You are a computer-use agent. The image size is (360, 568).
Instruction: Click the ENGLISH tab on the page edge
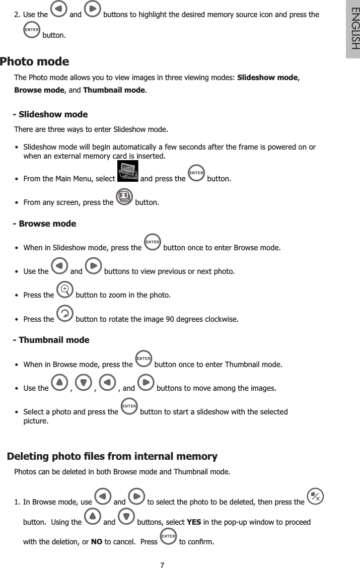(x=352, y=29)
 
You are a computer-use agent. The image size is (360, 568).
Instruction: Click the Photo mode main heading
(x=35, y=62)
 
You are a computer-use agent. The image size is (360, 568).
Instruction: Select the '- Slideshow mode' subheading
(x=50, y=114)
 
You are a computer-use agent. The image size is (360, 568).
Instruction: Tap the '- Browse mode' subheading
(x=44, y=224)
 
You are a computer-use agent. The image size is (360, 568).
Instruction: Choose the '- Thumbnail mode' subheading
(x=51, y=340)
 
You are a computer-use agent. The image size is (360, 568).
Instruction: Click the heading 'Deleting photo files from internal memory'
(x=112, y=457)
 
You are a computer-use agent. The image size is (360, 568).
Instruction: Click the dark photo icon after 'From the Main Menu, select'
(x=127, y=171)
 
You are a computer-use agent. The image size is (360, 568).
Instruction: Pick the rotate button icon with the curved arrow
(x=64, y=313)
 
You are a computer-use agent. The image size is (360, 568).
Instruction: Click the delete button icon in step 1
(x=315, y=496)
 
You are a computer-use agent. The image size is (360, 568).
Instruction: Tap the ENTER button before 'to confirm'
(x=168, y=536)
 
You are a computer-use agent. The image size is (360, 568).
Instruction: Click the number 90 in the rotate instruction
(x=177, y=319)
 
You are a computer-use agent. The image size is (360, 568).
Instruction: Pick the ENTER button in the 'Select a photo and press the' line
(x=129, y=406)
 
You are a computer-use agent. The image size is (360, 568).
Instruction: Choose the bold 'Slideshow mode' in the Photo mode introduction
(x=267, y=78)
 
